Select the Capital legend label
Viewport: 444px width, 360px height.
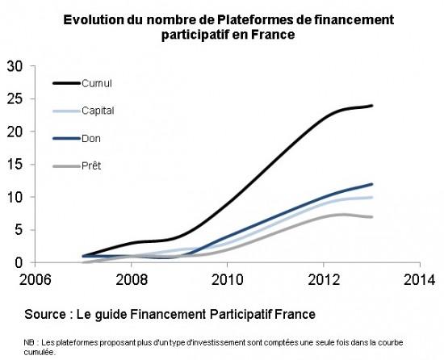coord(98,111)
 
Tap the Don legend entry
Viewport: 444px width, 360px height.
coord(91,138)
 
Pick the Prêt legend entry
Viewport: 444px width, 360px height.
coord(91,165)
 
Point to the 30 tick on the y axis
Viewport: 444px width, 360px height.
coord(14,66)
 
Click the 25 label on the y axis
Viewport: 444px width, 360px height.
coord(14,98)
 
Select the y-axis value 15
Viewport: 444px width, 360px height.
coord(14,165)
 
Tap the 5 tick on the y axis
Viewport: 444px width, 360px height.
coord(18,230)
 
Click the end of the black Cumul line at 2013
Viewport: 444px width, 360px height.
coord(371,106)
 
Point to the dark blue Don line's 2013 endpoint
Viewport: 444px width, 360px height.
coord(371,184)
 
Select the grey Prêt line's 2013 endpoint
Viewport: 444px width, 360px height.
coord(371,217)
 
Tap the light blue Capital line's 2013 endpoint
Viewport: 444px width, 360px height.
coord(371,197)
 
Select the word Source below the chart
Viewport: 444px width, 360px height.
coord(47,312)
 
